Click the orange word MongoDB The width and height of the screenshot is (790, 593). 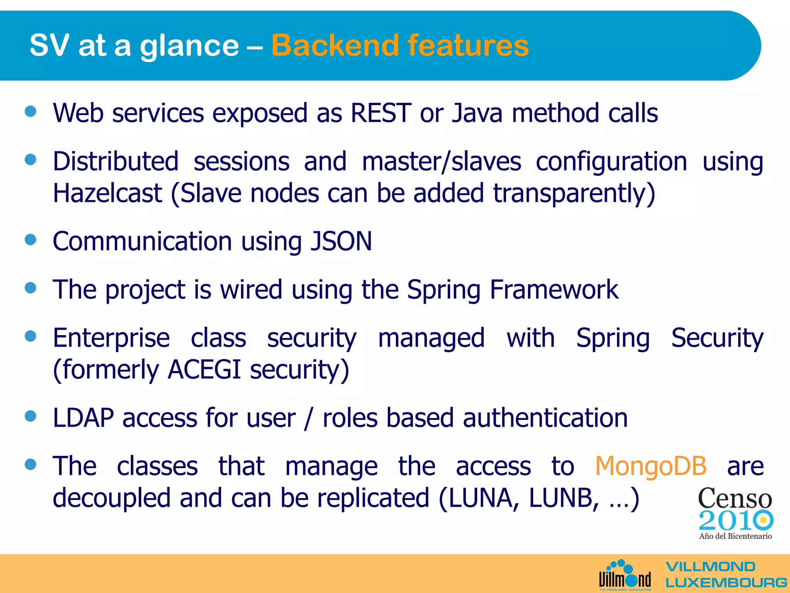pos(651,466)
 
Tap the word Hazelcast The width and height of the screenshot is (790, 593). pos(107,193)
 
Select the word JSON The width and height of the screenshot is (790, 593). pos(341,241)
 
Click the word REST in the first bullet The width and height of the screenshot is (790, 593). pos(381,113)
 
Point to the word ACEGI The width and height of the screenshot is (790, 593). pos(204,369)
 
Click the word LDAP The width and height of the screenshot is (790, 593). pos(83,418)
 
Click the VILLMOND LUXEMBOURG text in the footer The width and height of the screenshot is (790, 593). pos(725,575)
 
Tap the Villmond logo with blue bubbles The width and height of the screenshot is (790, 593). pos(625,575)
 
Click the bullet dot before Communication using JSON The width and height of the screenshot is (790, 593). pos(30,239)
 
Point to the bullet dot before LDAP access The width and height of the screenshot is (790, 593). pos(30,416)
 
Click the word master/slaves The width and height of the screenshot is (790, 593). pos(441,161)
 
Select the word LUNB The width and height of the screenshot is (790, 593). pos(564,498)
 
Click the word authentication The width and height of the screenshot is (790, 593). pos(545,418)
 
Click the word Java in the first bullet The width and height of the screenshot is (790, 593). pos(477,113)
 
